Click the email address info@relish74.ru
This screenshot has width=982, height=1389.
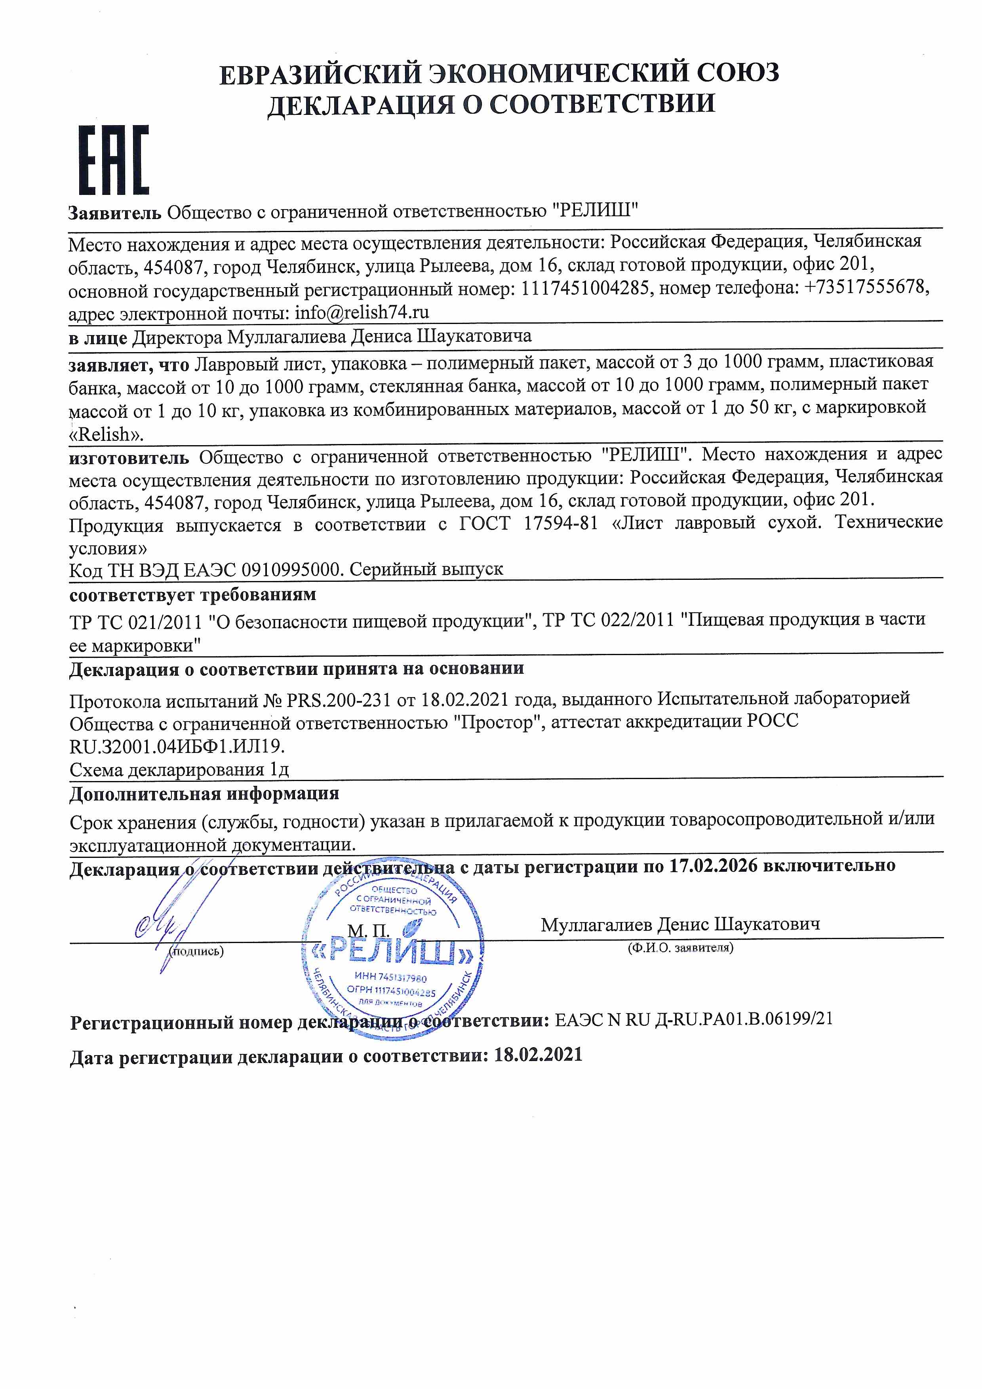click(362, 312)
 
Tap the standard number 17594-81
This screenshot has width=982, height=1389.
click(560, 523)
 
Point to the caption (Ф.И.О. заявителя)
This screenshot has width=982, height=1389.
click(680, 948)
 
